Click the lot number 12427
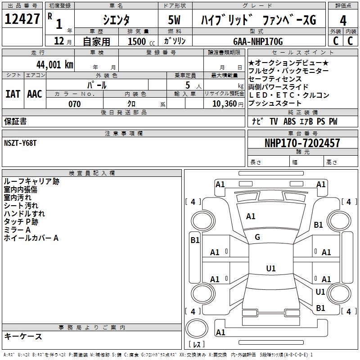click(x=22, y=19)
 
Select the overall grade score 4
click(x=343, y=20)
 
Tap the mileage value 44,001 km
click(x=55, y=65)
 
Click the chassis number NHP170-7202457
click(x=302, y=143)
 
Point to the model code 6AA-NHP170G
click(x=258, y=41)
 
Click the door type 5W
click(x=174, y=20)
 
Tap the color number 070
click(x=75, y=104)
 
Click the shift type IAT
click(x=13, y=94)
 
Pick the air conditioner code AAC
click(x=35, y=94)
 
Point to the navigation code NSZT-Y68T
click(x=20, y=143)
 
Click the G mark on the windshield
click(x=257, y=237)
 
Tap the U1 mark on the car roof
click(x=271, y=268)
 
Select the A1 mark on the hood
click(x=251, y=216)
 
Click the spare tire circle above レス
click(x=197, y=328)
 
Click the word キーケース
click(x=23, y=336)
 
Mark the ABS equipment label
click(x=289, y=121)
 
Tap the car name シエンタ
click(x=116, y=20)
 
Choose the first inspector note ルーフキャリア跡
click(x=31, y=181)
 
